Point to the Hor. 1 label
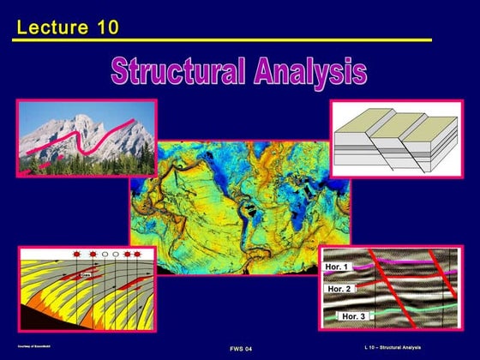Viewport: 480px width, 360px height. point(336,269)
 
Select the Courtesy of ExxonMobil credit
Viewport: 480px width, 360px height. point(33,346)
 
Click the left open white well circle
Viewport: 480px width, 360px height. point(105,256)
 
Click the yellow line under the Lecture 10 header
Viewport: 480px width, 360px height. point(223,40)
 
